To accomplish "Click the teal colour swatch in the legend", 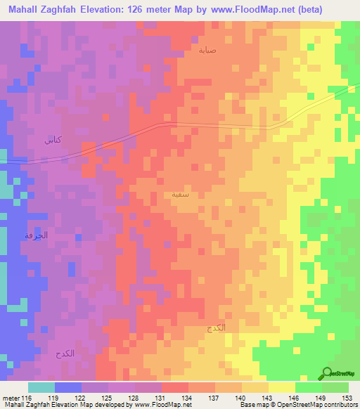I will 41,387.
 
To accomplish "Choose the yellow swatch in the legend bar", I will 281,387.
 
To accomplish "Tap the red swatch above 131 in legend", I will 175,387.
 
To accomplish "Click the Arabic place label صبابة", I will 207,50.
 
